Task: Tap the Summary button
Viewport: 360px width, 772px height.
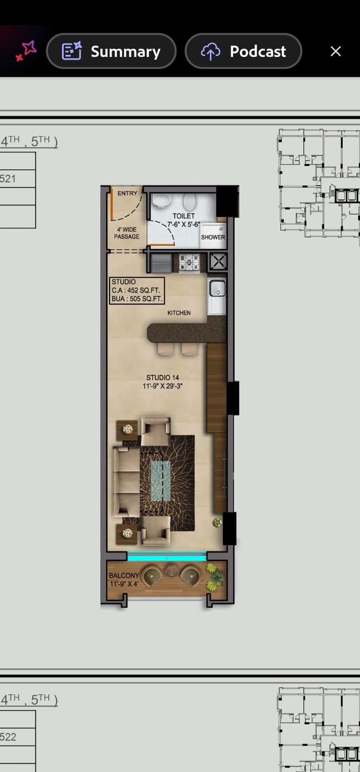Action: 111,51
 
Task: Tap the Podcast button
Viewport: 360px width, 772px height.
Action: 243,51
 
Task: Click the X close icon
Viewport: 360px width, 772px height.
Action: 335,51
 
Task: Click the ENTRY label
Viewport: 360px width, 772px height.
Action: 127,193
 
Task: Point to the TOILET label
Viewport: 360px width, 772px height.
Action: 184,216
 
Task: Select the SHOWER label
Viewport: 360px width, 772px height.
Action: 213,237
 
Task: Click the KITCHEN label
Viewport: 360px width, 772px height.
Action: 179,313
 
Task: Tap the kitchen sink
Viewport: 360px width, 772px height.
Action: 217,288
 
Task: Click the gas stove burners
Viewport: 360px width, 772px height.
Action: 189,263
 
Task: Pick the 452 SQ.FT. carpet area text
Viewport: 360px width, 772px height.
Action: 144,290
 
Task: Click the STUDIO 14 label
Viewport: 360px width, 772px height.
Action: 163,378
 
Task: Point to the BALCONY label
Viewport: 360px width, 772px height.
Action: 124,576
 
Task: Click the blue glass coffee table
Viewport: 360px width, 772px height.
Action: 161,481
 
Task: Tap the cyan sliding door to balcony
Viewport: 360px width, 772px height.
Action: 167,556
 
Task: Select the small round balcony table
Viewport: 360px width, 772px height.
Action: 171,570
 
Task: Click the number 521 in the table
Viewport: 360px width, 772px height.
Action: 8,179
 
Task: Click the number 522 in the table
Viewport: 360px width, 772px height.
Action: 8,737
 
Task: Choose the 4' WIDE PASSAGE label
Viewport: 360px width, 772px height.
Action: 126,233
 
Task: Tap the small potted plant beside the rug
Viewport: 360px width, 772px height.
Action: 217,523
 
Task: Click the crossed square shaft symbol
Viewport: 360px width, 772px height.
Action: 218,262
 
